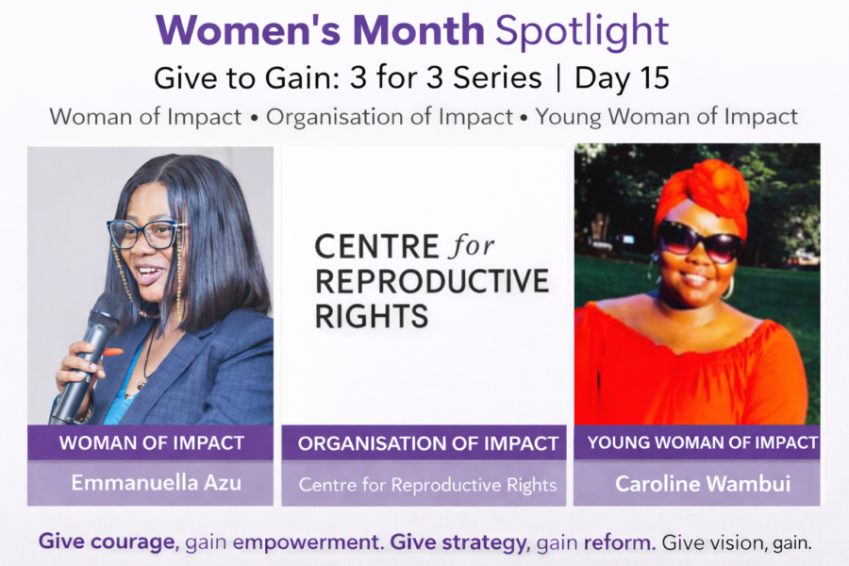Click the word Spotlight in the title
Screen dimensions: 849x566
[x=582, y=31]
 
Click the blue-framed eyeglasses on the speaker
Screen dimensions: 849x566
[x=145, y=235]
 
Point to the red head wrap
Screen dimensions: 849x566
[x=702, y=196]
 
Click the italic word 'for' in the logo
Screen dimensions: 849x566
[x=473, y=246]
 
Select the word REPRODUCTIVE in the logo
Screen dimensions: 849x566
[x=432, y=281]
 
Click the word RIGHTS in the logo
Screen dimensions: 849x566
[x=372, y=316]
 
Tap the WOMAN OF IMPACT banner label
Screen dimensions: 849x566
[x=152, y=443]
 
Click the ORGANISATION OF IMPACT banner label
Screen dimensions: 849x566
[x=427, y=443]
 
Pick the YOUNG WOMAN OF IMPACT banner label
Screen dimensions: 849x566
[x=702, y=442]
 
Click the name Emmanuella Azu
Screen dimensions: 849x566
[x=156, y=483]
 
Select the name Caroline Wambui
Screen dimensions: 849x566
[x=703, y=484]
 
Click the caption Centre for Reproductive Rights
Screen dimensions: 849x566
[x=427, y=485]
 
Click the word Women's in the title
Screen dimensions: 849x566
[x=248, y=30]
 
